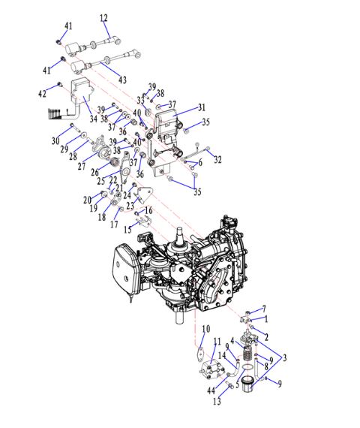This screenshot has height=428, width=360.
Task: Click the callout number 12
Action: [103, 18]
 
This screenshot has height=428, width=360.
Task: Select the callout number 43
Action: [122, 80]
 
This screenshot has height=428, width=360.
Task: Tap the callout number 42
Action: [42, 94]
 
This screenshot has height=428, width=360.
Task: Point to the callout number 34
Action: [94, 119]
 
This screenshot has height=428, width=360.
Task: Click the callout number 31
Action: [202, 107]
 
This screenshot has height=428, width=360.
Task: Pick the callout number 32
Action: [217, 159]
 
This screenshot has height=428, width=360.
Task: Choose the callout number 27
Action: [82, 166]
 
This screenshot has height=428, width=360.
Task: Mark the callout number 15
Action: [127, 230]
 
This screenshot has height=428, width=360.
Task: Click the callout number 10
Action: [206, 329]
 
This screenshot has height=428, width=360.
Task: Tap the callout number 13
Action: [217, 401]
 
